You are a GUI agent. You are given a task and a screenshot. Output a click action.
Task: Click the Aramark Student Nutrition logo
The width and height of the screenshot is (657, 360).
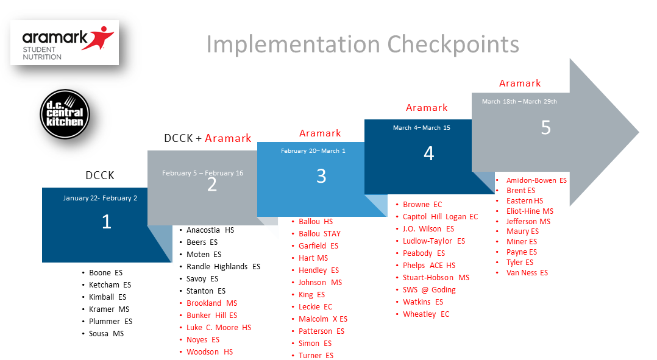(65, 43)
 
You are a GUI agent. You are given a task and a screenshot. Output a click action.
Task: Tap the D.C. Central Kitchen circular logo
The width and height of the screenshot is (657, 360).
(65, 114)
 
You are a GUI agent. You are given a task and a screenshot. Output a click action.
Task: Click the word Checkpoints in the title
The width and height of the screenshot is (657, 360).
(453, 45)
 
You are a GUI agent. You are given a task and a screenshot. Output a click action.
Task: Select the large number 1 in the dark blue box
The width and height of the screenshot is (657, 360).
(107, 222)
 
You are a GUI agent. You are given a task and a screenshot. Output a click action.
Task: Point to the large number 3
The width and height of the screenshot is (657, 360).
(321, 176)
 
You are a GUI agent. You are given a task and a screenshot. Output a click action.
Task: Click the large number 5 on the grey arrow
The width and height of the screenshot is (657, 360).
(545, 127)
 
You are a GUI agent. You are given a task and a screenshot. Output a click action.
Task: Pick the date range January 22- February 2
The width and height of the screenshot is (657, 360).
(100, 198)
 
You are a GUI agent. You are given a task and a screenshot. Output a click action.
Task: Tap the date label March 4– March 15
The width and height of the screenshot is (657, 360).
(422, 128)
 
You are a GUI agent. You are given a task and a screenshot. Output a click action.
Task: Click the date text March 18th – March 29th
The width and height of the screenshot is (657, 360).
(519, 101)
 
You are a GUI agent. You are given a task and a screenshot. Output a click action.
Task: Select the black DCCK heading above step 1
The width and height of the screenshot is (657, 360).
(100, 175)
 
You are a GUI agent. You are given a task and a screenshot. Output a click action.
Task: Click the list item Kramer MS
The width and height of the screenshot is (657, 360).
(109, 309)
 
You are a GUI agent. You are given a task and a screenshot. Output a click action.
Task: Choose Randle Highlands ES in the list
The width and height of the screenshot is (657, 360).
(223, 267)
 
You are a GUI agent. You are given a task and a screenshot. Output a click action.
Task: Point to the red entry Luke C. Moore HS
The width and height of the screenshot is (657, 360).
(219, 328)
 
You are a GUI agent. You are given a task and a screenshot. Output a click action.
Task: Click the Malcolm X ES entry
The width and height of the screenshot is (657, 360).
(322, 319)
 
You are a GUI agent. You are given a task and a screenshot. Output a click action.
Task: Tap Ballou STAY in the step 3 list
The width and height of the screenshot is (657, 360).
(319, 233)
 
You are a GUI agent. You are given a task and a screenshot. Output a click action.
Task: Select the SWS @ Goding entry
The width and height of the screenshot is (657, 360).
(429, 290)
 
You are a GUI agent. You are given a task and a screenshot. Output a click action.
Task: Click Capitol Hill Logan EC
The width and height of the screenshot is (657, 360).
(441, 217)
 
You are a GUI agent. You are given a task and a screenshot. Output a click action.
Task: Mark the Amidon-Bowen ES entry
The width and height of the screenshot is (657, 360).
(536, 180)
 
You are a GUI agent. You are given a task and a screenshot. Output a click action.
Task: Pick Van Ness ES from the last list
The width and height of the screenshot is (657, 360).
(527, 273)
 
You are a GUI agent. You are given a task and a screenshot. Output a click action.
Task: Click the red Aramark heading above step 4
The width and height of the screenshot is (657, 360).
(427, 108)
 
